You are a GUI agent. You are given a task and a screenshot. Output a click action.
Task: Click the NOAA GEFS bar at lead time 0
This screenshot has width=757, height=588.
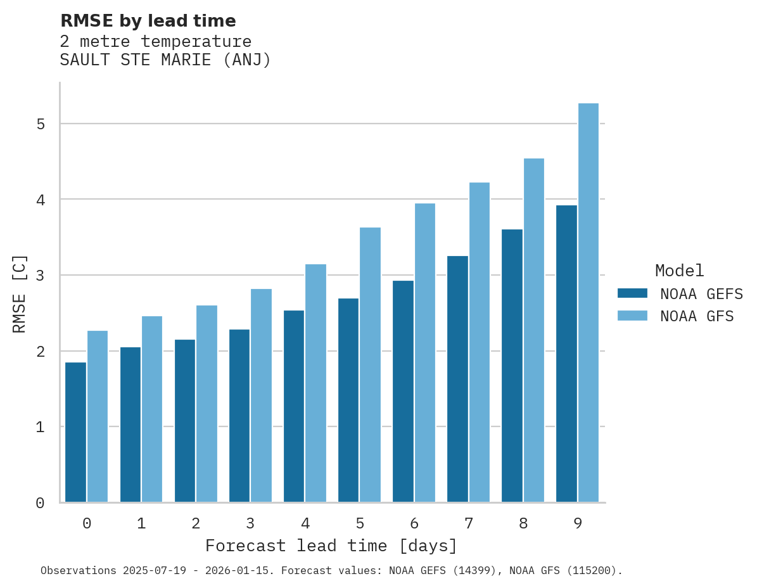(76, 432)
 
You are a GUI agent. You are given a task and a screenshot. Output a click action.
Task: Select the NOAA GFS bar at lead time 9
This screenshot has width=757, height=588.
(588, 303)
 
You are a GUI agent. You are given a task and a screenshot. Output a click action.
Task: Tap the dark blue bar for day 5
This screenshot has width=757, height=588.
(348, 400)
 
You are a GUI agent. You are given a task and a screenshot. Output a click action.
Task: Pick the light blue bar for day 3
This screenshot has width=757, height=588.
(261, 395)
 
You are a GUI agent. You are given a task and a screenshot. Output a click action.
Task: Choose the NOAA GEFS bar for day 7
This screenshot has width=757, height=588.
(457, 379)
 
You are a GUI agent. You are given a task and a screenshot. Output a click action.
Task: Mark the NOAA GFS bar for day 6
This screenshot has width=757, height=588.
(424, 353)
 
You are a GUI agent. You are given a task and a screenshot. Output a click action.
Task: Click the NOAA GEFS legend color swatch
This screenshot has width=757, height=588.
(632, 293)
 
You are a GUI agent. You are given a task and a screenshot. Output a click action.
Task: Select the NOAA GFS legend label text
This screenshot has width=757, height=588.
(697, 316)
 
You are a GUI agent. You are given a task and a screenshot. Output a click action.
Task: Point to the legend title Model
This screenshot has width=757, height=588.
(679, 271)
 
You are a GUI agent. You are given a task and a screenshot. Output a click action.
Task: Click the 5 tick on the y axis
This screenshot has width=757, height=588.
(41, 124)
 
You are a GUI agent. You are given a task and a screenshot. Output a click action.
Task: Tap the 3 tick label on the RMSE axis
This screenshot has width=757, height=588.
(41, 275)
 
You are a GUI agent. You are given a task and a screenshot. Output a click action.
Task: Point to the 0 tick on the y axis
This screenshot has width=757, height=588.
(41, 503)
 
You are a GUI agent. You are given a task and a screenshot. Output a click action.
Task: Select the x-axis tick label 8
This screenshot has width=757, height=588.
(523, 524)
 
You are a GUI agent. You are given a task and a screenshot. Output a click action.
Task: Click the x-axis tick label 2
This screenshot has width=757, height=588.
(196, 524)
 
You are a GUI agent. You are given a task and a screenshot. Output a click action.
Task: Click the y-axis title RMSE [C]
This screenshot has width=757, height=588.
(20, 294)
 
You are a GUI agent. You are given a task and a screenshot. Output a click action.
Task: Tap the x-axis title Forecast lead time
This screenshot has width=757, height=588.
(331, 546)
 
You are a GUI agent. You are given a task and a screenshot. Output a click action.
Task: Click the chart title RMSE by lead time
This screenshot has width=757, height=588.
(148, 21)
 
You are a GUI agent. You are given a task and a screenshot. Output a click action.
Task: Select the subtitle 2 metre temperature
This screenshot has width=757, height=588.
(155, 42)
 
